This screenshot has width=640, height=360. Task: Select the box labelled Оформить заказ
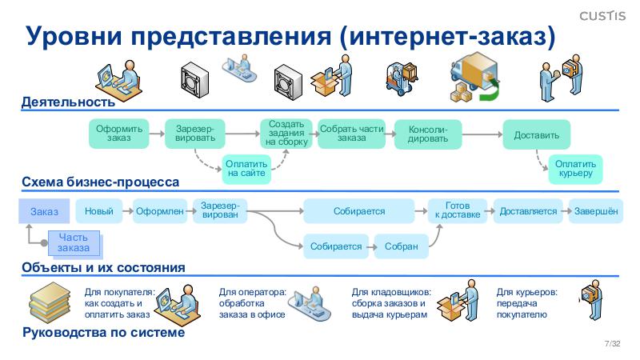click(119, 133)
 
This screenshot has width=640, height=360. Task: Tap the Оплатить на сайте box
click(247, 168)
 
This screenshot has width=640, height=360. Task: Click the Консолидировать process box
click(428, 133)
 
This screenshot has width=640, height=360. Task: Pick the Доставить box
click(536, 134)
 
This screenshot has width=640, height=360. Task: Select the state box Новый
click(98, 211)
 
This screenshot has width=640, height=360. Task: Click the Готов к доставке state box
click(458, 210)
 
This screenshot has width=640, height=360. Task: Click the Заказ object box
click(45, 212)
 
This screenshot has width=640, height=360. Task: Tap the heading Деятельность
click(68, 102)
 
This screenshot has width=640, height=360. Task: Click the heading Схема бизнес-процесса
click(100, 182)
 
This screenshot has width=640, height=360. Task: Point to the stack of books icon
click(51, 304)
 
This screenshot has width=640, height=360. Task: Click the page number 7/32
click(613, 343)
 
